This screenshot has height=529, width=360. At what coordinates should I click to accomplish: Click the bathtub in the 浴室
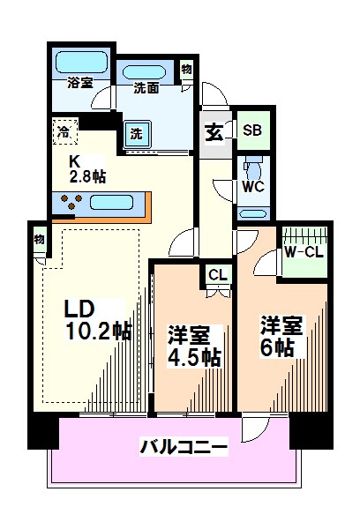click(x=80, y=63)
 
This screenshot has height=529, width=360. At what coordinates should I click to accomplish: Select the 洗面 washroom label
click(x=146, y=88)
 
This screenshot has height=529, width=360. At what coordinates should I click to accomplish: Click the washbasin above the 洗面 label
click(x=146, y=70)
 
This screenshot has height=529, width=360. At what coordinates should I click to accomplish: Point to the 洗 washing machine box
click(x=139, y=134)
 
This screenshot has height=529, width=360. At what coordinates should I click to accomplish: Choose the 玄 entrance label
click(x=214, y=133)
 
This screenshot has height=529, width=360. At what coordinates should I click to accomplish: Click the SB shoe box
click(x=251, y=130)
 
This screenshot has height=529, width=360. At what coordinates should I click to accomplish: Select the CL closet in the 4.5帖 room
click(x=217, y=275)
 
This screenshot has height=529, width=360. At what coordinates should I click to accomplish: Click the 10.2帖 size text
click(x=97, y=332)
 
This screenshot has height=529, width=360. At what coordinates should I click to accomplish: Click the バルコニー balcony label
click(x=184, y=447)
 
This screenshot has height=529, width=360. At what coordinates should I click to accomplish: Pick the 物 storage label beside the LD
click(x=40, y=239)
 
